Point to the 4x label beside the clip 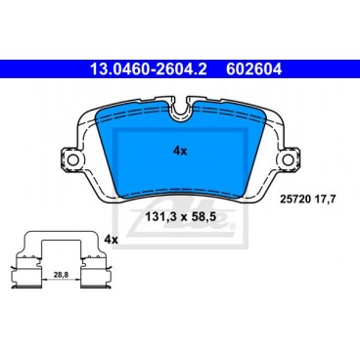(111, 240)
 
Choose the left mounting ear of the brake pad (73, 158)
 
